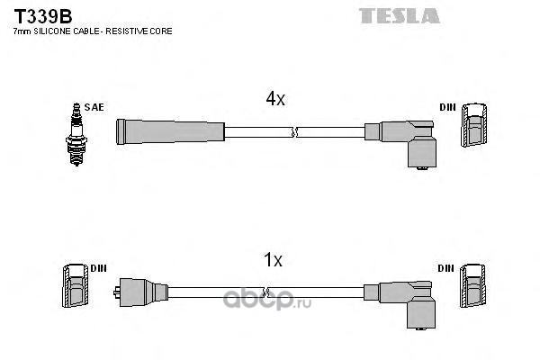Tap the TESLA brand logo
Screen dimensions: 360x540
[x=399, y=15]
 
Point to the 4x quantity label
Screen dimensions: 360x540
[x=274, y=101]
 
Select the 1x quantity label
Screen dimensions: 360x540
[x=273, y=261]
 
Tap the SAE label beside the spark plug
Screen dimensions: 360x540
[x=95, y=107]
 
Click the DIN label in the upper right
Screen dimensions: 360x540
[x=447, y=107]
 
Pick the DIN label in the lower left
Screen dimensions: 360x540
[x=98, y=268]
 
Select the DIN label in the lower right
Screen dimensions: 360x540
[x=447, y=268]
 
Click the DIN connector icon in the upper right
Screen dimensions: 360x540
[x=475, y=126]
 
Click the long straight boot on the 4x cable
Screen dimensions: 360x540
[x=169, y=131]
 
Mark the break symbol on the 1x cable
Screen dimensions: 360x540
[x=265, y=292]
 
